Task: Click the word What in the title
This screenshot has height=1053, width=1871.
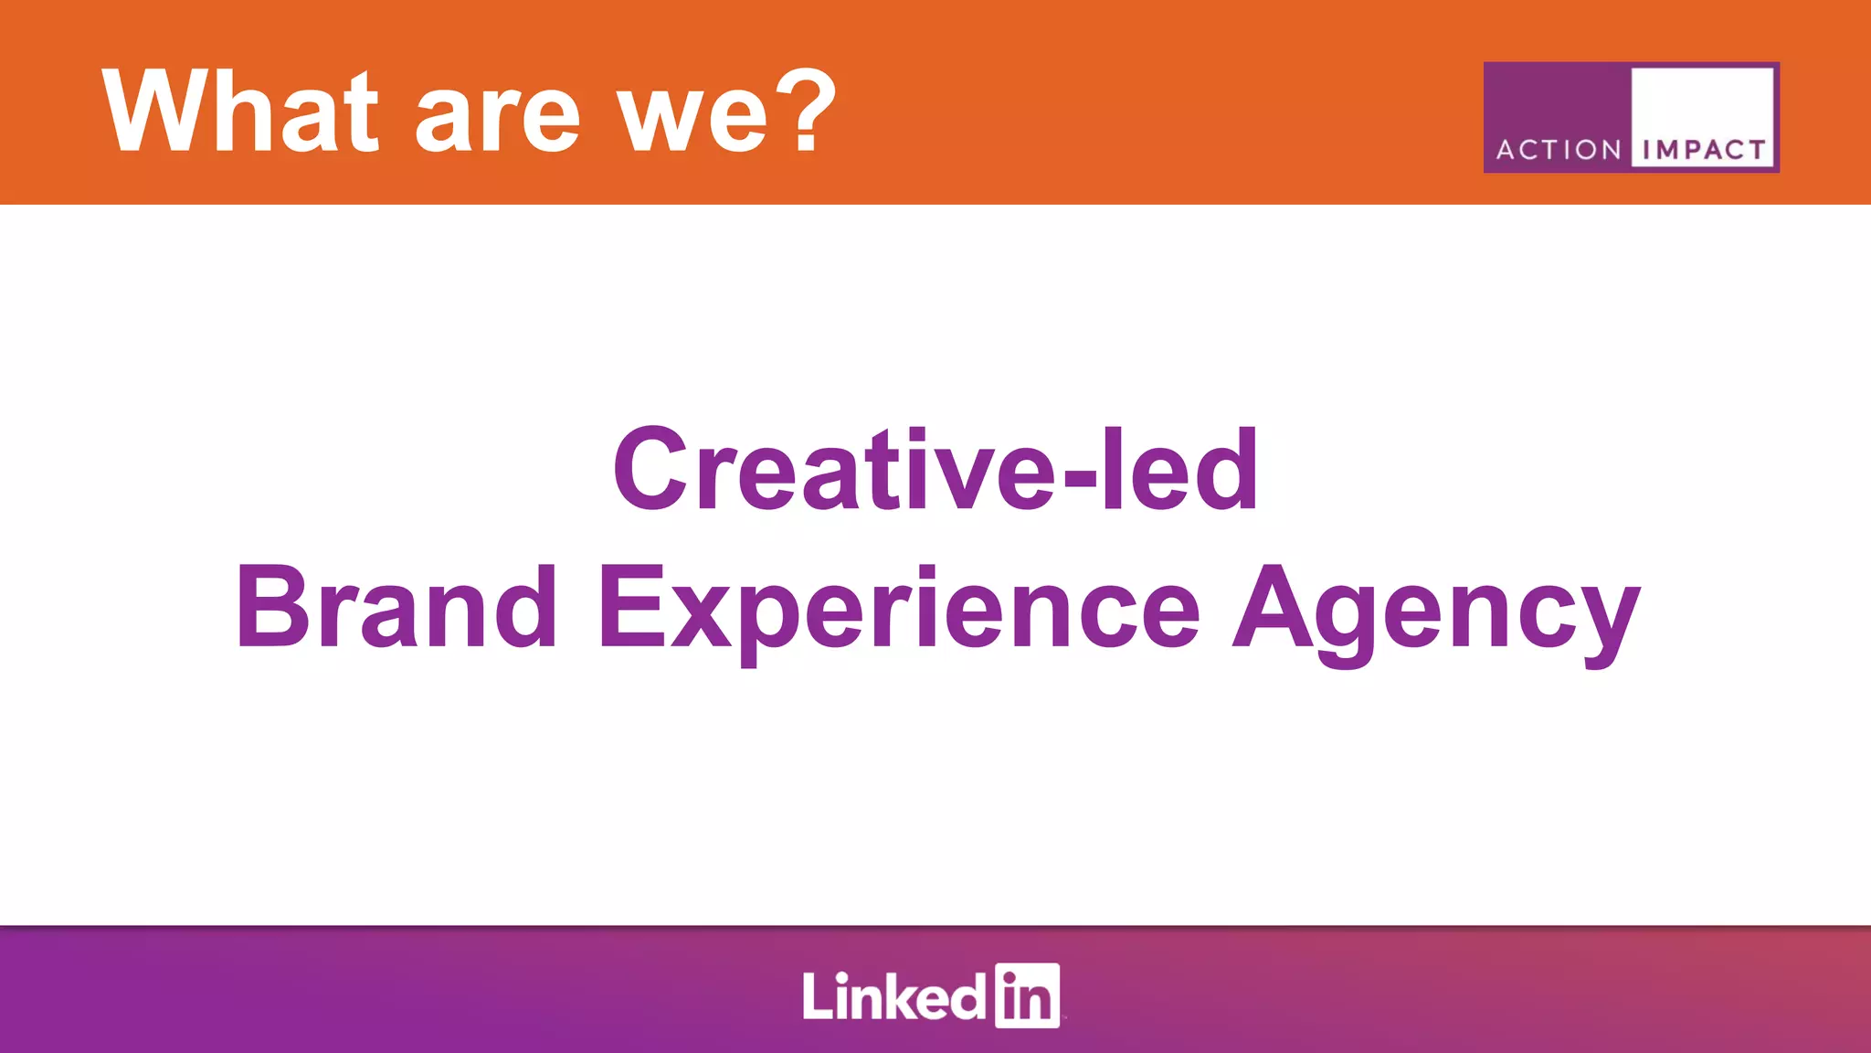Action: (x=239, y=112)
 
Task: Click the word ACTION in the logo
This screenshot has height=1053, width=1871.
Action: (x=1559, y=150)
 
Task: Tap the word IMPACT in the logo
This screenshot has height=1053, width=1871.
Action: (x=1704, y=150)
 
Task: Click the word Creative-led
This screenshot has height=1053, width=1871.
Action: (x=935, y=471)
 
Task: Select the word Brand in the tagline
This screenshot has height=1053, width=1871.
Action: (x=396, y=608)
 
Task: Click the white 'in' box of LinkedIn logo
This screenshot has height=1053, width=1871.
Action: (x=1027, y=995)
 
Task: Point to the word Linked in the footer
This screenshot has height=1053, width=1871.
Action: (x=893, y=996)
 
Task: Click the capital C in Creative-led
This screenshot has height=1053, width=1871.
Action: (x=650, y=471)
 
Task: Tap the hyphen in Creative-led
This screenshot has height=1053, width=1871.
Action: (x=1079, y=477)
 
